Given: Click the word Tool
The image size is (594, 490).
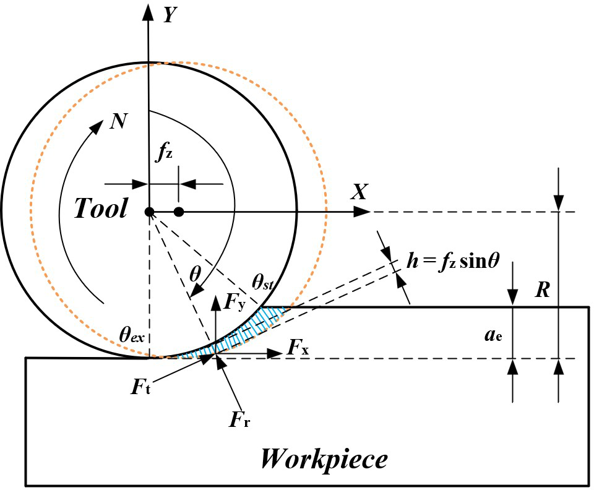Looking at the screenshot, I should [x=101, y=209].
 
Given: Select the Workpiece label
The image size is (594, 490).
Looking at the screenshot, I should [x=324, y=459].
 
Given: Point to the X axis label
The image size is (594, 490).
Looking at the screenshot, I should [x=359, y=192].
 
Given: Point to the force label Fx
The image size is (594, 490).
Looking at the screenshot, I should [x=298, y=349].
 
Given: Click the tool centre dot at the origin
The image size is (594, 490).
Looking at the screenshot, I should [x=149, y=212].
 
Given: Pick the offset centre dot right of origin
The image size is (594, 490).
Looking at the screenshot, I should [x=179, y=212].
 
